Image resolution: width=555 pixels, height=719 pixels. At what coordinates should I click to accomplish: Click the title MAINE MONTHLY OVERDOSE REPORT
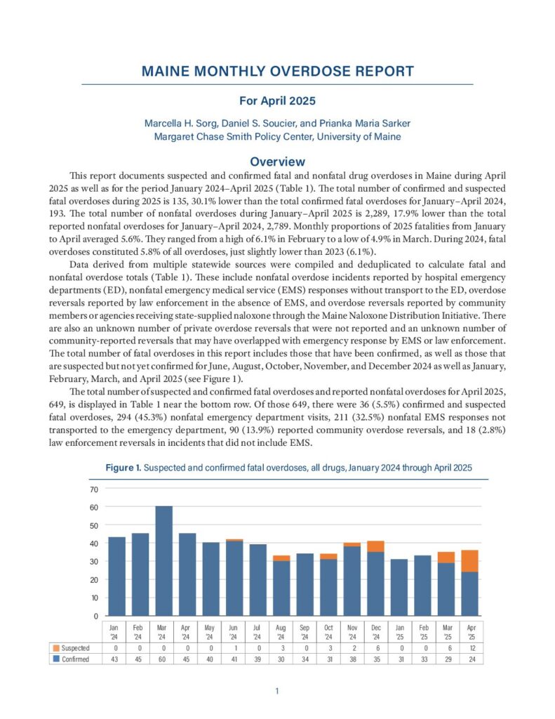coord(277,72)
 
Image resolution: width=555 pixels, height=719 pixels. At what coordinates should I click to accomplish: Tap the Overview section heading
coord(277,161)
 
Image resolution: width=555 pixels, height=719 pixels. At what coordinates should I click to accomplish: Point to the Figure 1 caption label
coord(123,468)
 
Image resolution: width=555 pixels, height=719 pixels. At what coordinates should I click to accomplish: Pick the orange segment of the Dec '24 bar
coord(375,546)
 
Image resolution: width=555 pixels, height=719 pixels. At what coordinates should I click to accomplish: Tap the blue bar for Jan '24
coord(116,576)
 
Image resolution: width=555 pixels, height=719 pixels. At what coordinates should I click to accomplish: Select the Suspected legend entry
coord(72,647)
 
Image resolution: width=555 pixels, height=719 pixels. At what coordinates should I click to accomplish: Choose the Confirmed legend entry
coord(72,659)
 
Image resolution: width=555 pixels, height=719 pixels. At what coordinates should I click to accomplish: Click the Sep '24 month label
coord(305,630)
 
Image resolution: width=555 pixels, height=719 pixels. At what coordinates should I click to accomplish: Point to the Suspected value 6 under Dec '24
coord(375,647)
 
